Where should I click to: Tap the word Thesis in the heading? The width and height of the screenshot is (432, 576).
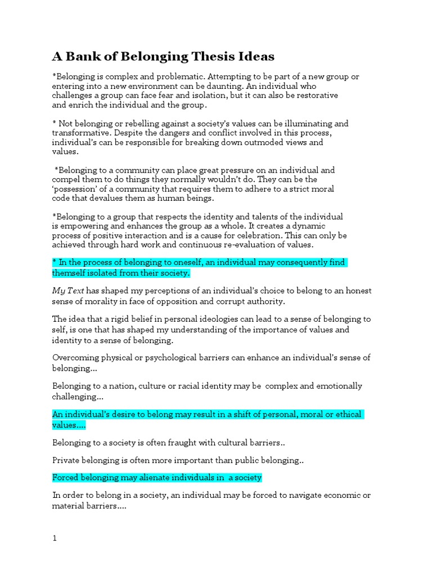pos(211,57)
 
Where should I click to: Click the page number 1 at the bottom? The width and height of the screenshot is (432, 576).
pos(55,538)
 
